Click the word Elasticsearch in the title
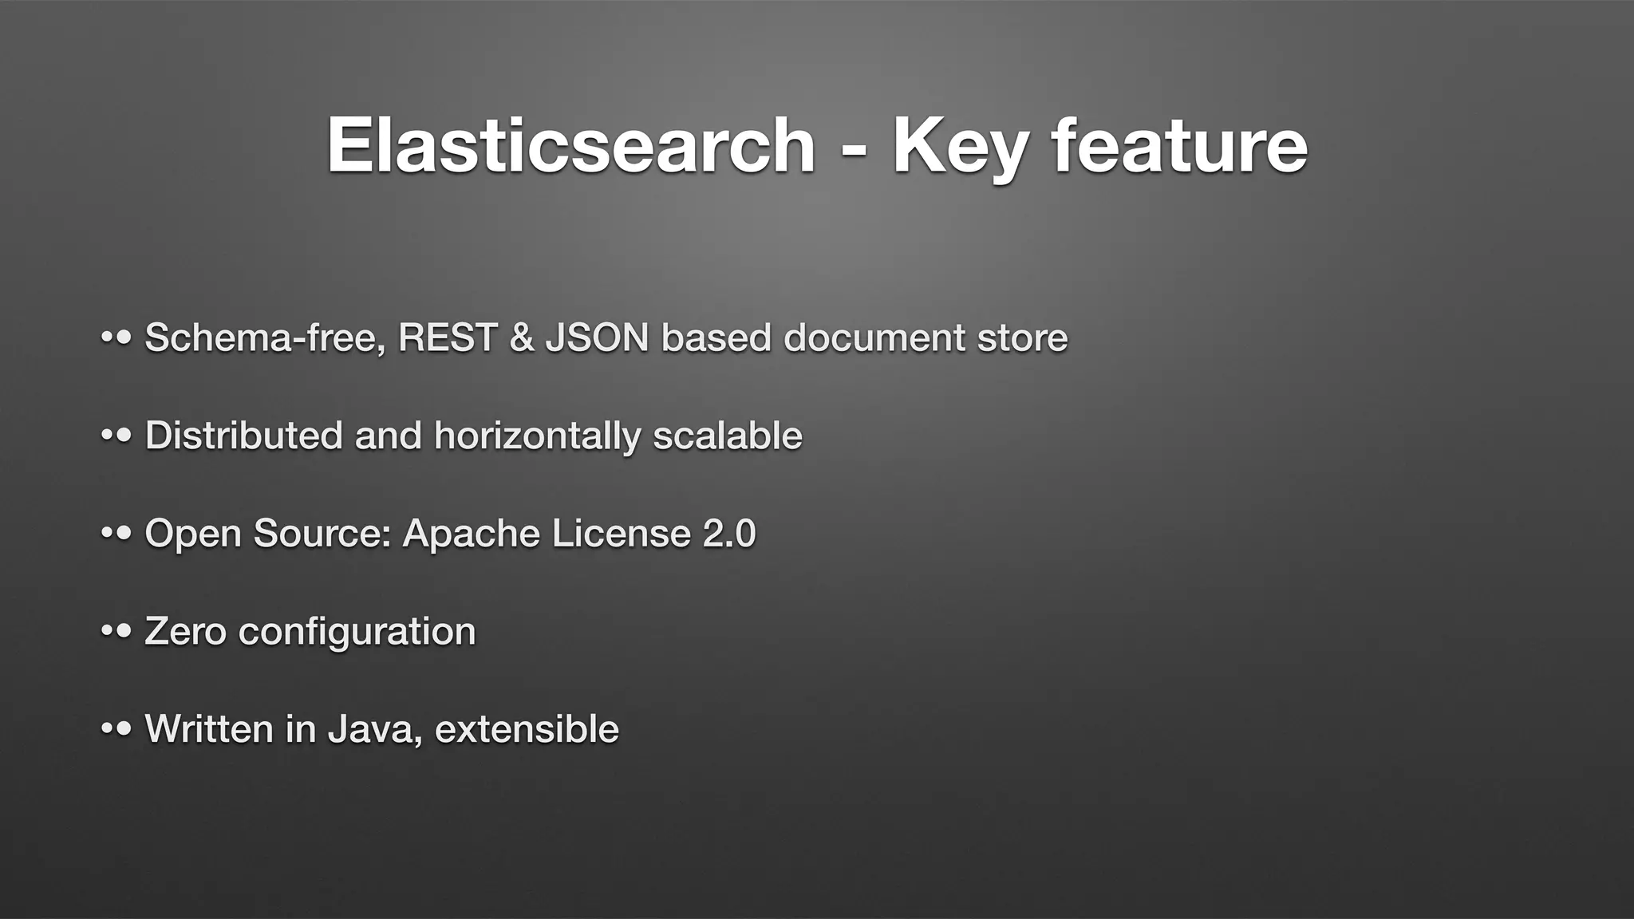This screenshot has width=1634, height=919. (x=570, y=145)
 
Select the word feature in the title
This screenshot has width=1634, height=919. (x=1179, y=145)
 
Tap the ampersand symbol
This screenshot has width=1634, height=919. (x=521, y=337)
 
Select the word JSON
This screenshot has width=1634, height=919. (x=598, y=337)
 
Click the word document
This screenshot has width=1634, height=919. (x=874, y=337)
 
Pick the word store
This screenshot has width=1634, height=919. (x=1022, y=337)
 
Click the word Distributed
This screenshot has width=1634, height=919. (x=243, y=436)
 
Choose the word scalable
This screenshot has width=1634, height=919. (x=727, y=436)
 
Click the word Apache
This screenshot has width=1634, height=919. (x=471, y=533)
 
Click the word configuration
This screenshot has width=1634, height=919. (x=357, y=631)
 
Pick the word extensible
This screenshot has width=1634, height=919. (x=527, y=728)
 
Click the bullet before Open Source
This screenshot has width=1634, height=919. (x=116, y=533)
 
